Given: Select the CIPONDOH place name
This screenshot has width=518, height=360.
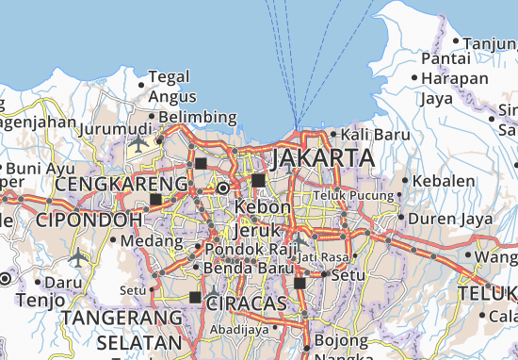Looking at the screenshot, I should point(89,220).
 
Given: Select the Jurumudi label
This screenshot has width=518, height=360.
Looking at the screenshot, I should point(117,128).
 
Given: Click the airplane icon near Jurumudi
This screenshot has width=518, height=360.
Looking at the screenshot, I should point(140,143).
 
